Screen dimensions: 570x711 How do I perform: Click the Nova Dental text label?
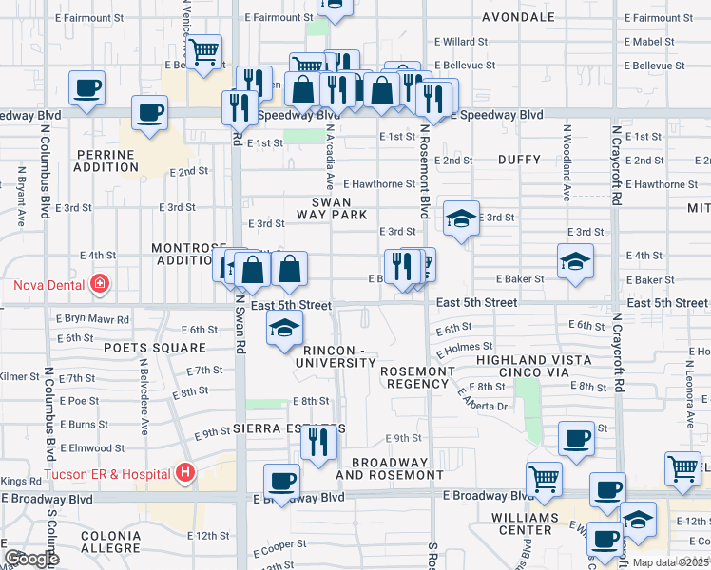click(x=48, y=284)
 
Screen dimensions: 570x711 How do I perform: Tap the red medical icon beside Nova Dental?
click(x=99, y=283)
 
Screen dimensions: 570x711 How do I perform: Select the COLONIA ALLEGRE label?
click(x=111, y=542)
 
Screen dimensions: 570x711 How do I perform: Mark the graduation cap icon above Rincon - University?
click(x=283, y=329)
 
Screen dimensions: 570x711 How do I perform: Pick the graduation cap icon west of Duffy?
click(x=461, y=219)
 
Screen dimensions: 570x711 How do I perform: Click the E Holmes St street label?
click(x=466, y=347)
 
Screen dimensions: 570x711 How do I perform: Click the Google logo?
click(x=31, y=558)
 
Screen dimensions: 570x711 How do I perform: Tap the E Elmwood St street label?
click(x=92, y=447)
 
